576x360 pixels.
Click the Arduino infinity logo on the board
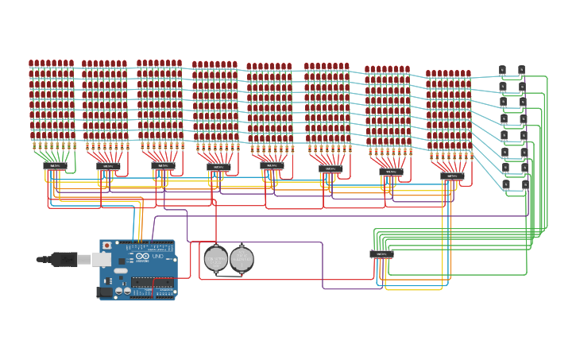click(x=142, y=256)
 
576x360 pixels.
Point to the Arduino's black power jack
click(x=104, y=292)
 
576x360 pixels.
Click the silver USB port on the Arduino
click(x=101, y=259)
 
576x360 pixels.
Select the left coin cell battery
click(x=216, y=258)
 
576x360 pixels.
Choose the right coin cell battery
click(x=242, y=258)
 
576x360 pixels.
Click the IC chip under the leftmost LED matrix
click(x=55, y=166)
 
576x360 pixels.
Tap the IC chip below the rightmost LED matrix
click(x=452, y=176)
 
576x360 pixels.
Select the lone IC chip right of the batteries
click(x=381, y=254)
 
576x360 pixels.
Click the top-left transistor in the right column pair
click(x=502, y=70)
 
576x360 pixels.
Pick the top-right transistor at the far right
click(x=521, y=70)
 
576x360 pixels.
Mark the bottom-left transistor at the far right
click(x=505, y=184)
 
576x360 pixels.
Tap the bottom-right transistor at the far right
click(x=525, y=184)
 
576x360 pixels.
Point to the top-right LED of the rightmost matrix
click(x=468, y=74)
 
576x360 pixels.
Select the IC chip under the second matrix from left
click(x=108, y=167)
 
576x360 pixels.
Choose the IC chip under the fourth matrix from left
click(x=218, y=168)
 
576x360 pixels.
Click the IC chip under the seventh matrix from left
click(x=390, y=172)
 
